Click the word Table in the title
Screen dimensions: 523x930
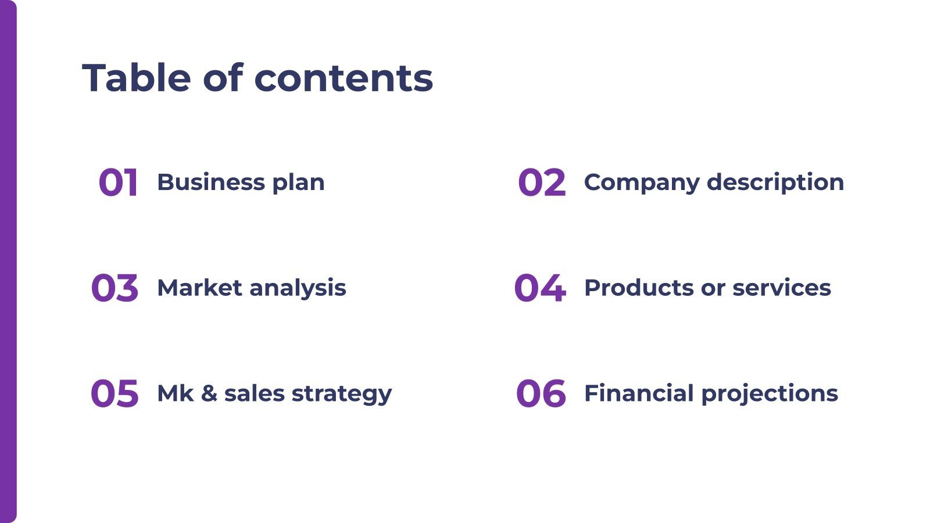point(137,78)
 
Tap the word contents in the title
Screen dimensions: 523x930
point(344,78)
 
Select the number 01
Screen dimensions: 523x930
point(118,182)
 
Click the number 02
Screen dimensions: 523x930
point(541,182)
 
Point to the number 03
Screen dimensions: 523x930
point(115,288)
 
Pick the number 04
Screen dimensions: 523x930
point(539,288)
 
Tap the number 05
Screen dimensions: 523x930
point(115,393)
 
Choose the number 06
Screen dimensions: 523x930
point(541,393)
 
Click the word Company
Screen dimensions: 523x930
point(642,183)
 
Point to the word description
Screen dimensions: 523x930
point(775,183)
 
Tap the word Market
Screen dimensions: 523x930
point(199,288)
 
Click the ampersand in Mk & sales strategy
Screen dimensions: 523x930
point(209,393)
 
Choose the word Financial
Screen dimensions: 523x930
point(639,393)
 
